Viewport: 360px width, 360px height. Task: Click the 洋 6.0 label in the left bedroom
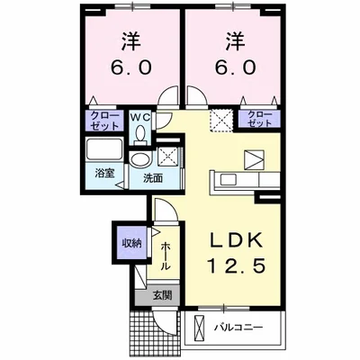pos(131,56)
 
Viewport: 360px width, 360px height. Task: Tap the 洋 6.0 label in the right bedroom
pos(232,56)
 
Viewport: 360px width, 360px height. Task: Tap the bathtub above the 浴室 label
pos(106,149)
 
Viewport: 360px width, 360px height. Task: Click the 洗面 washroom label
pos(152,178)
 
